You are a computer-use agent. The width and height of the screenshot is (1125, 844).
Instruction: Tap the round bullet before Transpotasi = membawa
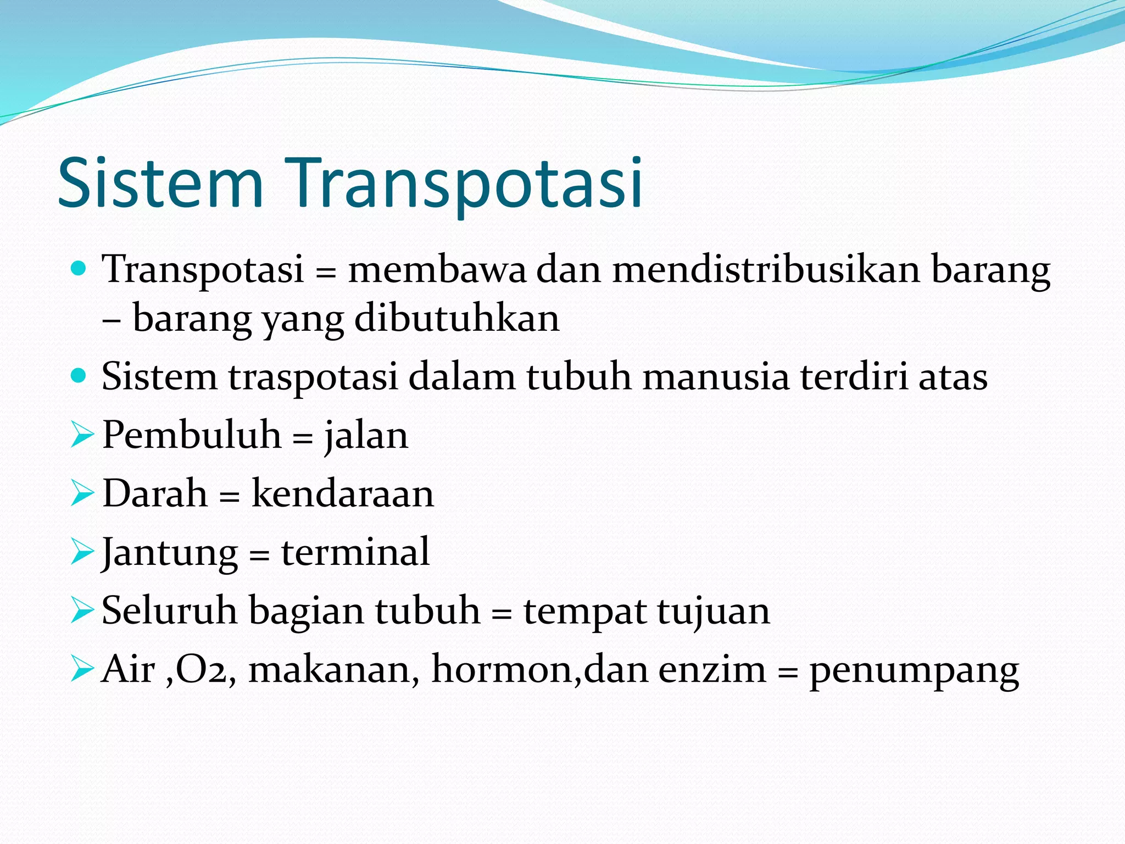click(79, 269)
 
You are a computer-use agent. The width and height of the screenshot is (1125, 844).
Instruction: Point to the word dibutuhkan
click(456, 319)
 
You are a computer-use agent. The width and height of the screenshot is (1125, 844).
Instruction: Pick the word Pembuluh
click(192, 435)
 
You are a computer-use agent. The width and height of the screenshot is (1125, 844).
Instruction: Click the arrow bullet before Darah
click(82, 493)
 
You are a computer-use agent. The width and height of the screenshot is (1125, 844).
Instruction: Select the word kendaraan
click(343, 493)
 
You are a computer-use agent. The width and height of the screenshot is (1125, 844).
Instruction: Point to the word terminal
click(355, 552)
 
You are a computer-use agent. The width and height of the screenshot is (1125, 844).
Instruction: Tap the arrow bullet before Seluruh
click(82, 610)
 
